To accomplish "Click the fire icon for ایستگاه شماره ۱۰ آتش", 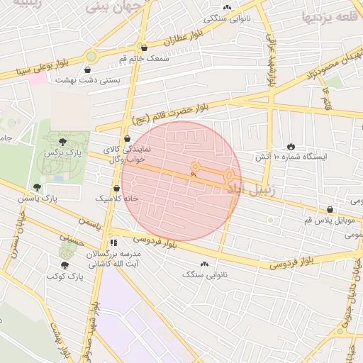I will point(291,145).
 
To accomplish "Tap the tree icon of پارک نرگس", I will point(64,142).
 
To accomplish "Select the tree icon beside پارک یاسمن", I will point(37,188).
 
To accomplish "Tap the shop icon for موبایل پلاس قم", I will point(330,209).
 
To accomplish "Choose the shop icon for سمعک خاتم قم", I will point(145,48).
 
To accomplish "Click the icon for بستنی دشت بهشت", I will point(87,70).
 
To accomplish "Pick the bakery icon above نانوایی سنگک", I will point(206,264).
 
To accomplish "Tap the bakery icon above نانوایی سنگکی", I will point(227,7).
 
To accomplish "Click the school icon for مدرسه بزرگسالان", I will point(113,242).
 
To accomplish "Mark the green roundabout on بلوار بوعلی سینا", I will point(91,56).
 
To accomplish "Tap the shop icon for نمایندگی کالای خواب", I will point(127,139).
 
